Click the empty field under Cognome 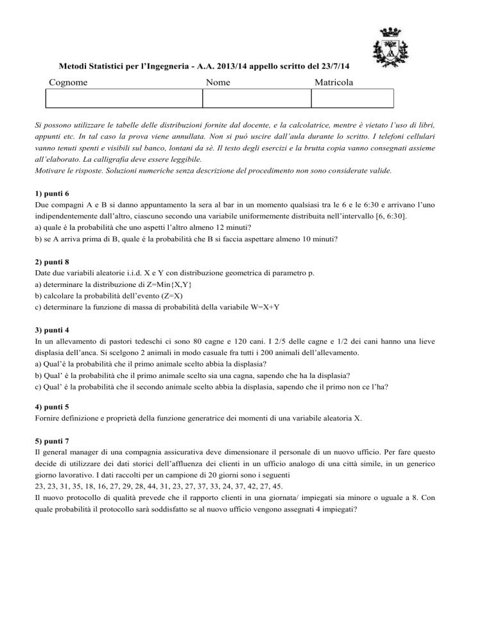point(124,98)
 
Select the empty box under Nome point(257,98)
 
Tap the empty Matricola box point(352,98)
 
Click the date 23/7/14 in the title point(340,66)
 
